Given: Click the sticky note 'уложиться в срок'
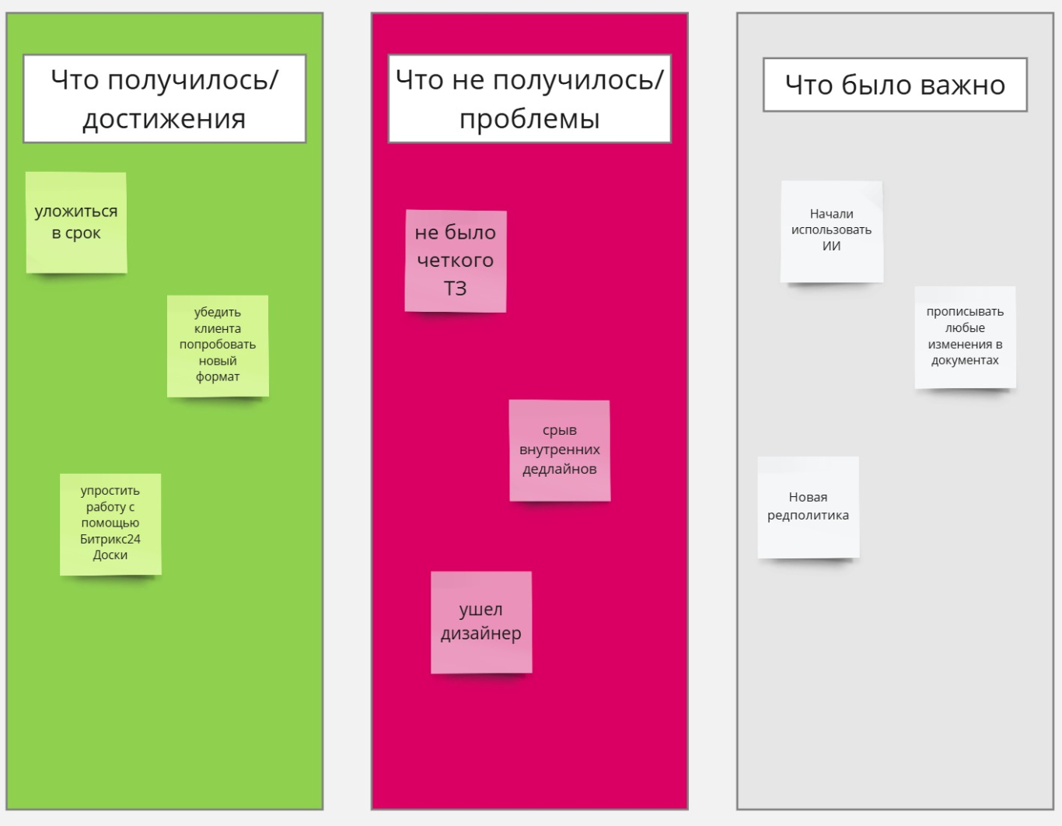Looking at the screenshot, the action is click(76, 222).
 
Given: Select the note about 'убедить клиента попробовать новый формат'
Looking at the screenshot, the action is click(218, 345).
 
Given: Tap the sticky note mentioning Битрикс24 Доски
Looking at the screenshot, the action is click(110, 524).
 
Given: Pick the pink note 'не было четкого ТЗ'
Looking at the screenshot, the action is click(456, 261).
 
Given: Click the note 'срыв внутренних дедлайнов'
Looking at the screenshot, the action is click(560, 450).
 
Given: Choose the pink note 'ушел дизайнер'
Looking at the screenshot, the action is click(481, 622).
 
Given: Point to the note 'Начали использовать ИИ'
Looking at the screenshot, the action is click(832, 231).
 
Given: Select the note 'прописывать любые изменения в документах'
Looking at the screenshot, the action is click(966, 338).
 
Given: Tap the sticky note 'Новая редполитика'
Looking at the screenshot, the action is click(809, 507).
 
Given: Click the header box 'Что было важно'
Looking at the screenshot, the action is click(896, 85).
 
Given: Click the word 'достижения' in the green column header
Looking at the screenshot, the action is click(164, 119).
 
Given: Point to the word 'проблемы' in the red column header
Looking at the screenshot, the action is click(529, 119).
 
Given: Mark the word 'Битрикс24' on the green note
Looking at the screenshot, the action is click(110, 539).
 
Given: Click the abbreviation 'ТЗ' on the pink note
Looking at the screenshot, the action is click(455, 289).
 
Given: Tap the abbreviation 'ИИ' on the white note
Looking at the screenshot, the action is click(831, 246).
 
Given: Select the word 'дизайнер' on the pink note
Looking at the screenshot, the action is click(481, 634).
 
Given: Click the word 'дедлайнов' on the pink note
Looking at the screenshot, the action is click(560, 469).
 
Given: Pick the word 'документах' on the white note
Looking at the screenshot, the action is click(966, 361).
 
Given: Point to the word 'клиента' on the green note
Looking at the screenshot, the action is click(218, 328).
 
